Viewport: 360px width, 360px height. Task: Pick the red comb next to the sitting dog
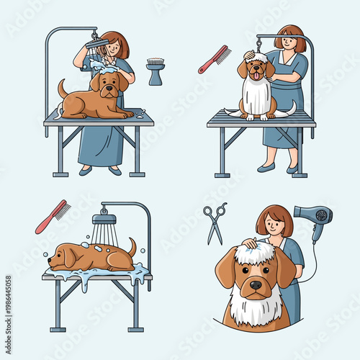pos(215,59)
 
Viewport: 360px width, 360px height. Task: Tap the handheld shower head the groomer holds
pos(95,43)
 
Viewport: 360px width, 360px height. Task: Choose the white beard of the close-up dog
pos(256,310)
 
